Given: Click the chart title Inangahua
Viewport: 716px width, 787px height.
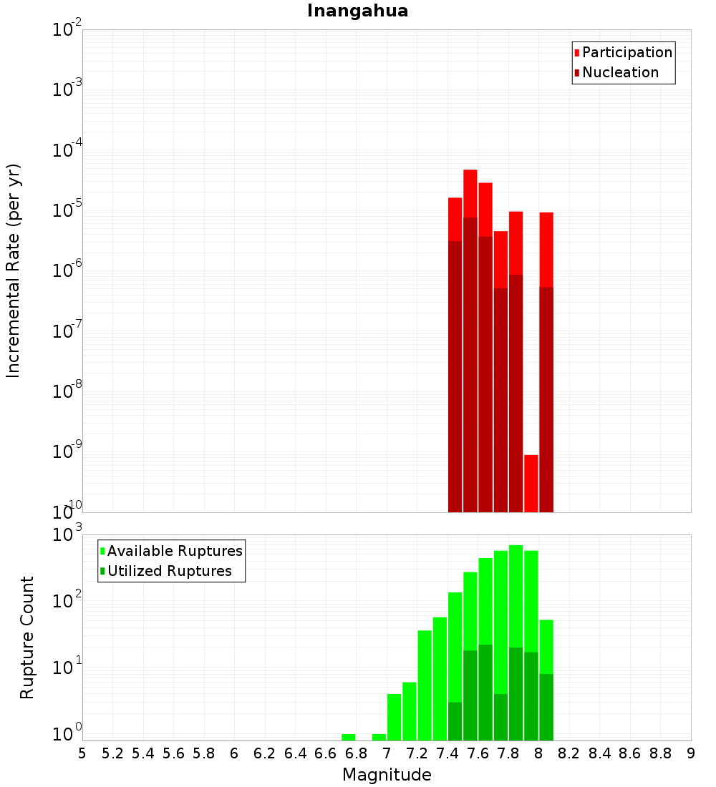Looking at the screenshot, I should click(357, 11).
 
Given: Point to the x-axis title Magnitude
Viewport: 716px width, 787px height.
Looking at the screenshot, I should click(387, 775).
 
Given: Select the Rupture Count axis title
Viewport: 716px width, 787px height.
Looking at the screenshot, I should click(27, 637).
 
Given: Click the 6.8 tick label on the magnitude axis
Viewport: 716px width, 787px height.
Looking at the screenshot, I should click(356, 753).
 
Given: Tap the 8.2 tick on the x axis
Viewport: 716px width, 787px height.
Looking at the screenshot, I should click(569, 753).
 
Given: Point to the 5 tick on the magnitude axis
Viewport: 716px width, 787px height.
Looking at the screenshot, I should click(82, 753).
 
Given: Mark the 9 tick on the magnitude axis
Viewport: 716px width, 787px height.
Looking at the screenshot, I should click(691, 753).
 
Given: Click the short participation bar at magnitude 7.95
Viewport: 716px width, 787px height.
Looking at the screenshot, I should click(531, 483).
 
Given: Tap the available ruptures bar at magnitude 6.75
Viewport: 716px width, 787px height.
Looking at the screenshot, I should click(349, 737).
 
